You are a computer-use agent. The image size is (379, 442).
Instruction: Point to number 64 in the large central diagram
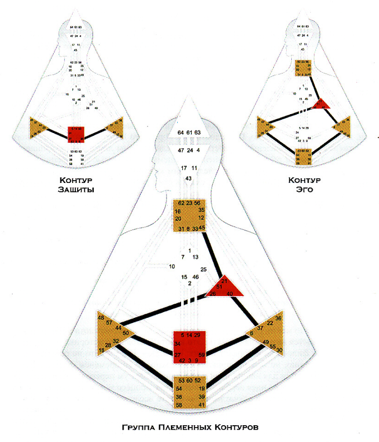[181, 132]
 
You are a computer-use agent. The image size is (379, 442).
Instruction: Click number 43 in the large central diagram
[190, 178]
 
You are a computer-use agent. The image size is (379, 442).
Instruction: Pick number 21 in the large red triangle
[224, 280]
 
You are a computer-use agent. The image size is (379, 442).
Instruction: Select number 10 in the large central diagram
[172, 266]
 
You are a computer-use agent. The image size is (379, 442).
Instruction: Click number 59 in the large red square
[202, 354]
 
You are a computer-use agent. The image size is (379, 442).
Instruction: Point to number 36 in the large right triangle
[278, 318]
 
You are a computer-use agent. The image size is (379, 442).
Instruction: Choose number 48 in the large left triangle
[101, 318]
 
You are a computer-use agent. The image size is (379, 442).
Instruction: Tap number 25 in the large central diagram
[203, 270]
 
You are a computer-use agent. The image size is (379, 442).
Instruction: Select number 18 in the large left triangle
[101, 350]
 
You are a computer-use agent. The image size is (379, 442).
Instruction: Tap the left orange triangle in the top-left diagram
[39, 126]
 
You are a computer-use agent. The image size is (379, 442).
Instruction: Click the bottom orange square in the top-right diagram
[305, 156]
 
